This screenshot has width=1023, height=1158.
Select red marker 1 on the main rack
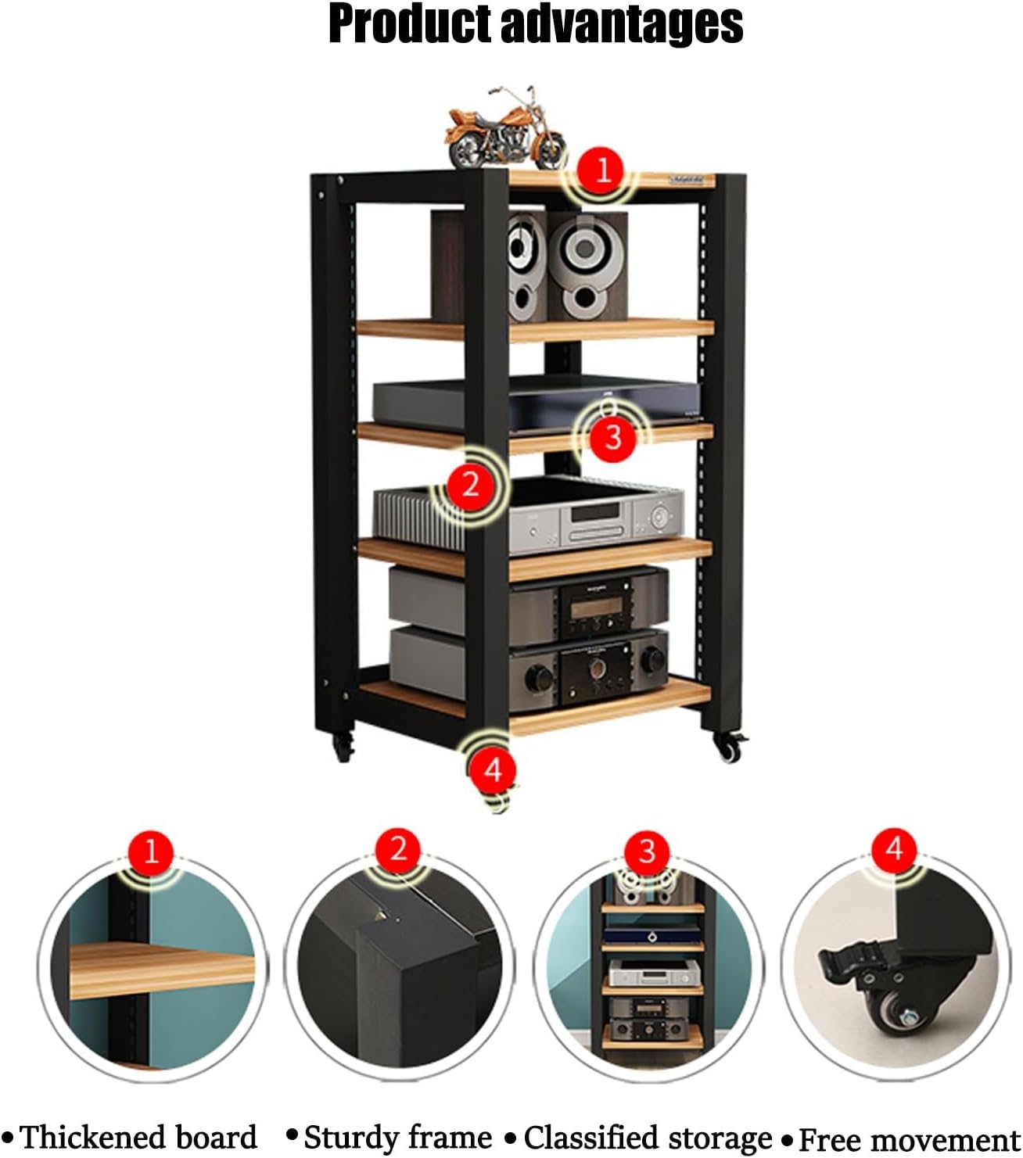tap(603, 170)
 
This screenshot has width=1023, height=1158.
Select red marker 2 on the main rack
tap(469, 485)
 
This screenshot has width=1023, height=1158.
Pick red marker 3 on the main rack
tap(612, 436)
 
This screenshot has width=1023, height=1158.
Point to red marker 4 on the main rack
tap(493, 770)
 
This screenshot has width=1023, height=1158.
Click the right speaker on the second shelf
tap(587, 266)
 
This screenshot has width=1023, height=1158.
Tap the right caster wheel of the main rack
tap(729, 749)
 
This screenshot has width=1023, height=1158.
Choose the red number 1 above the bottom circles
tap(152, 850)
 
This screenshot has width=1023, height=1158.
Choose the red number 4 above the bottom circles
tap(895, 848)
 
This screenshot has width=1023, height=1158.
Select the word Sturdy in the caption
tap(346, 1138)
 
